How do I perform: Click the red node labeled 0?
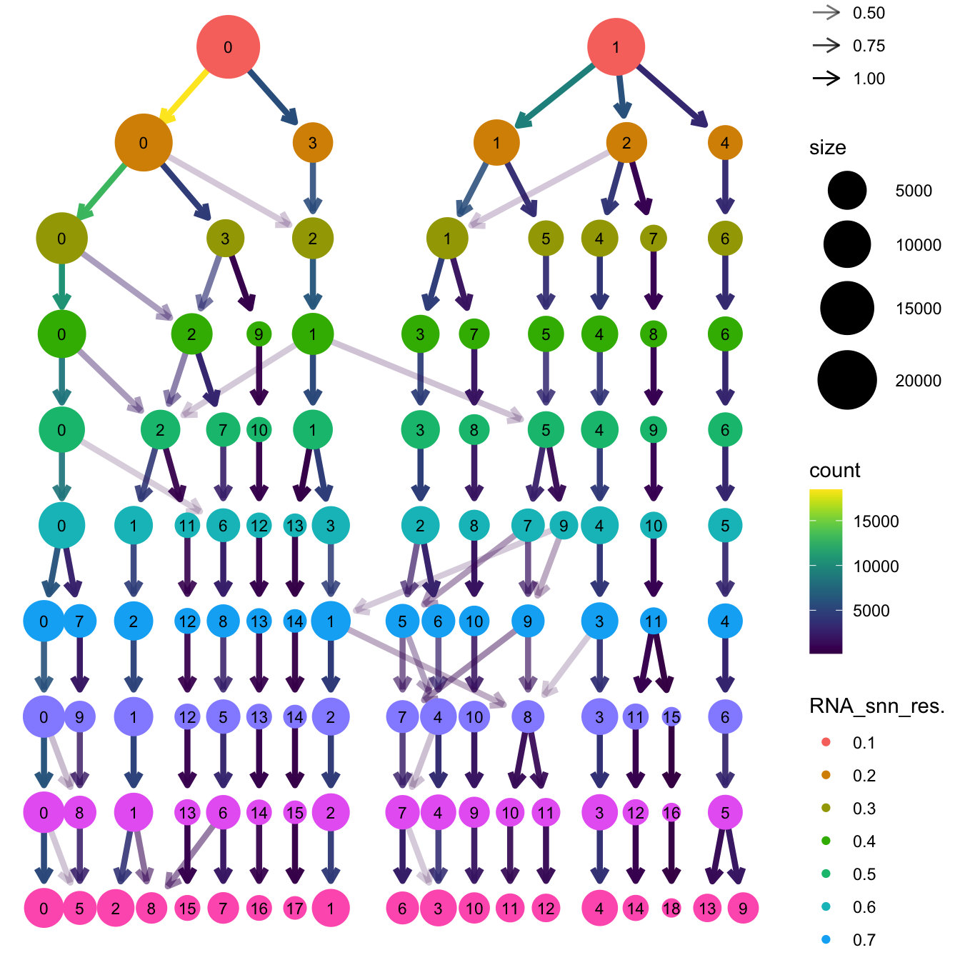point(228,47)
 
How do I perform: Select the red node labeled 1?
point(616,47)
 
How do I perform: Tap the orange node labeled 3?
point(312,142)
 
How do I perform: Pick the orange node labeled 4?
point(725,142)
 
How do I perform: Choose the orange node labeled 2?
point(626,142)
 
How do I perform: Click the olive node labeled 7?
point(653,238)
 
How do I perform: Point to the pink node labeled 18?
point(671,909)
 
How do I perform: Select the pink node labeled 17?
point(294,909)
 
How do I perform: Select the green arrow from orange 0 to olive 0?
point(104,189)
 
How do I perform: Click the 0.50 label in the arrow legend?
point(869,13)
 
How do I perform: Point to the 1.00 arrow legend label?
point(869,79)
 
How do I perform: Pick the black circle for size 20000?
point(847,380)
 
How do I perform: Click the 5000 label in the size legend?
point(914,191)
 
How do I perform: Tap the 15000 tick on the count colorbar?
point(876,521)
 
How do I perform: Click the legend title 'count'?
point(834,470)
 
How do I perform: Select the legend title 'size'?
point(827,147)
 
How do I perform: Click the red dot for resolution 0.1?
point(826,743)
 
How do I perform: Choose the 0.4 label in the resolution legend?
point(864,841)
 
